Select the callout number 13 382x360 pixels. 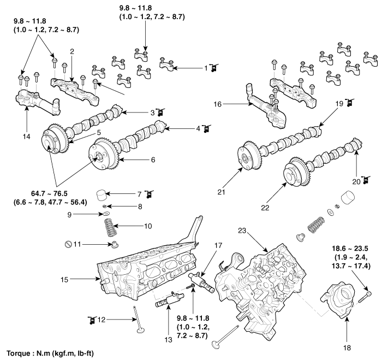(x=168, y=340)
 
